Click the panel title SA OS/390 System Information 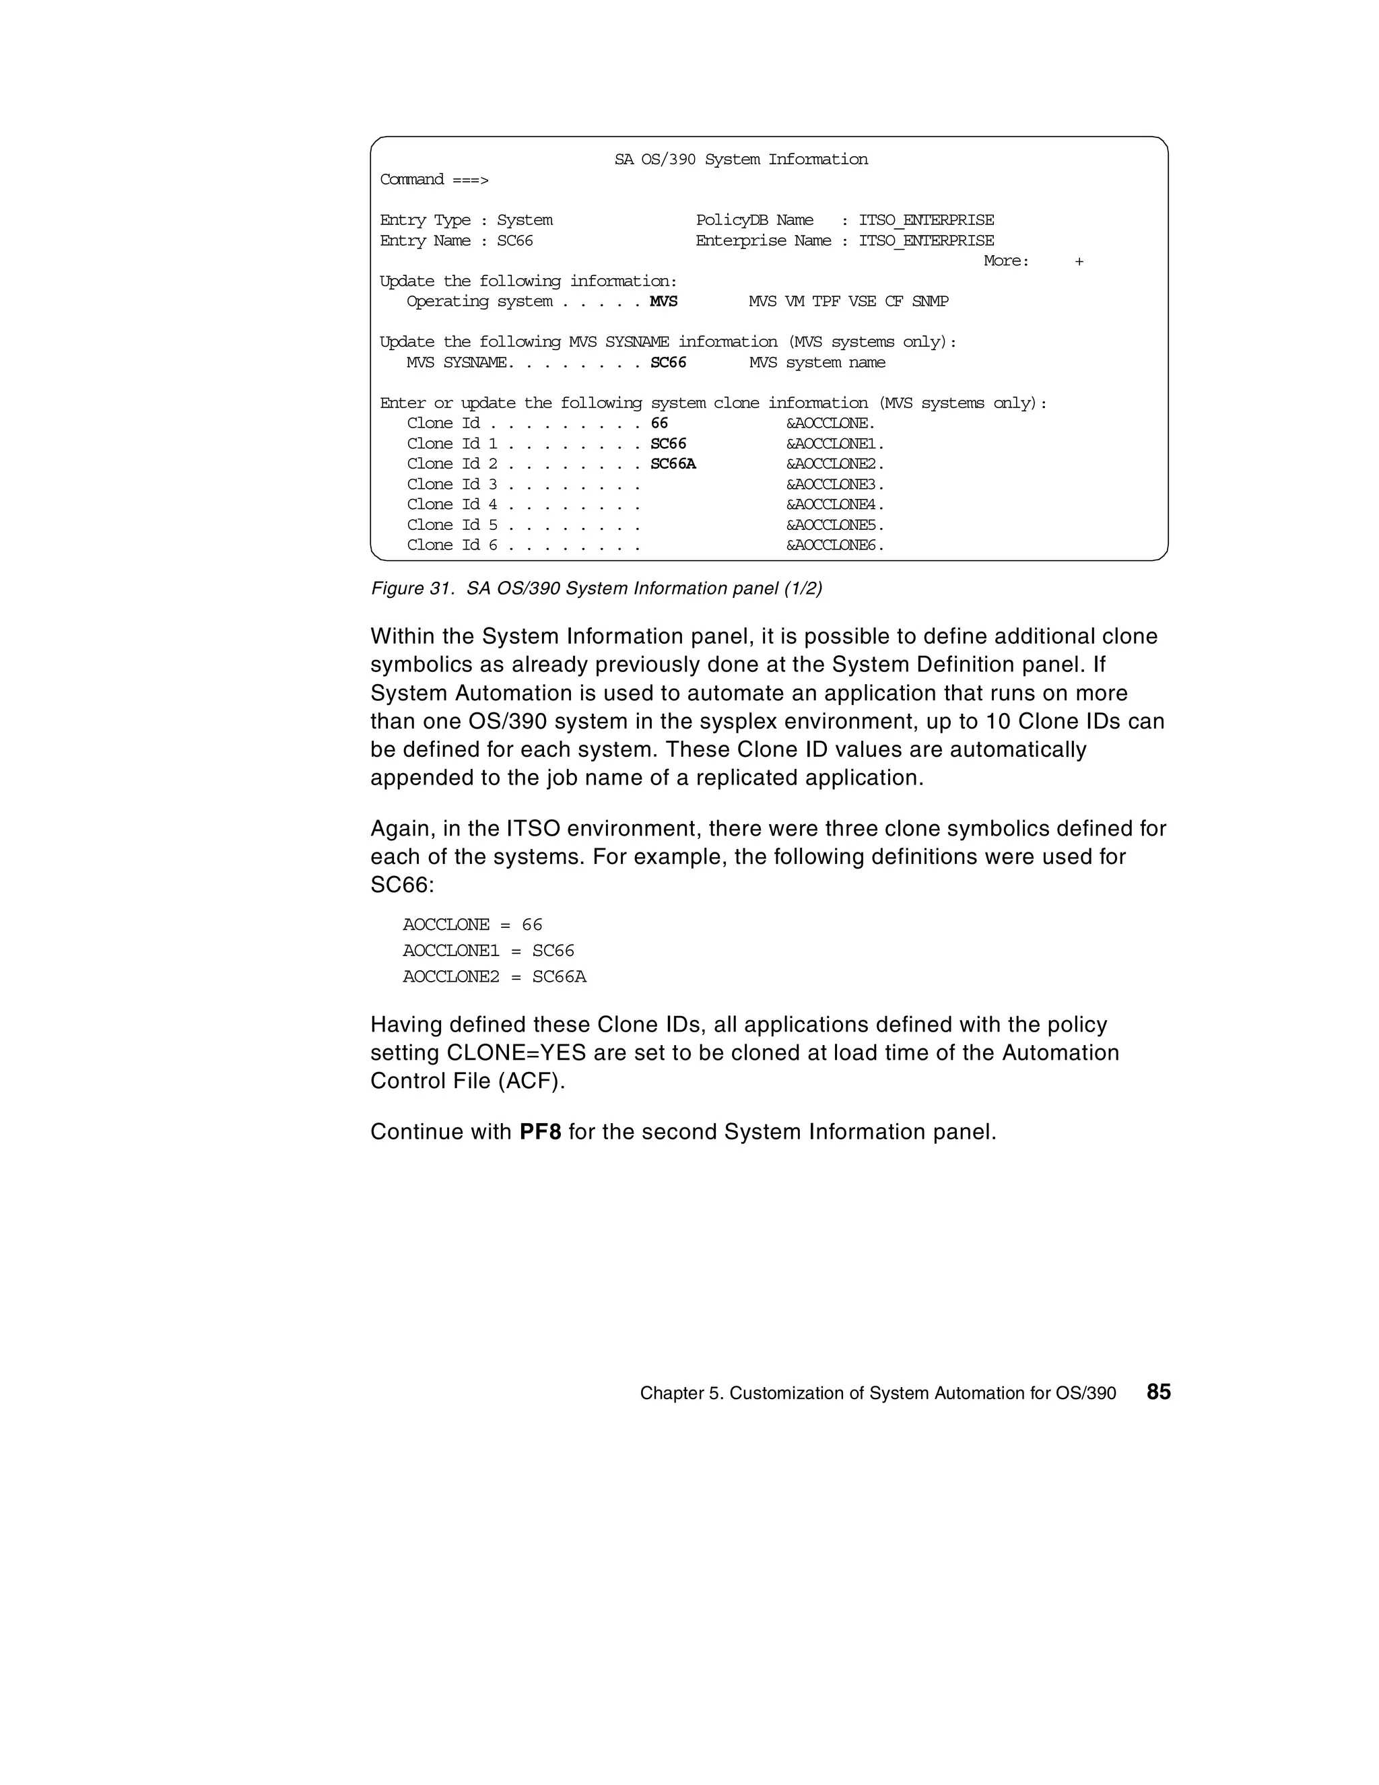(741, 160)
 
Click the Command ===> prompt (433, 180)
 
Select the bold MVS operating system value (663, 302)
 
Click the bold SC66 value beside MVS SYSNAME (668, 363)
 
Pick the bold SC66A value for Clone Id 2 (673, 464)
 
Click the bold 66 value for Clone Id (659, 424)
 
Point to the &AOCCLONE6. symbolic (834, 545)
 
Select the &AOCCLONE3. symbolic (834, 485)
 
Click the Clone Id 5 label (452, 525)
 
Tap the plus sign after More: (1079, 261)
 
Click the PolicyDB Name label (755, 221)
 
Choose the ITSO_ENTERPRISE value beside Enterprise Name (926, 241)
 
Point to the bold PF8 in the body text (540, 1132)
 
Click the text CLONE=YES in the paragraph (516, 1052)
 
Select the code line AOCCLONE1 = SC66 (488, 951)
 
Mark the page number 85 (1158, 1392)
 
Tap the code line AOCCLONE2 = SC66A (494, 977)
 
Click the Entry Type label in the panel (425, 221)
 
